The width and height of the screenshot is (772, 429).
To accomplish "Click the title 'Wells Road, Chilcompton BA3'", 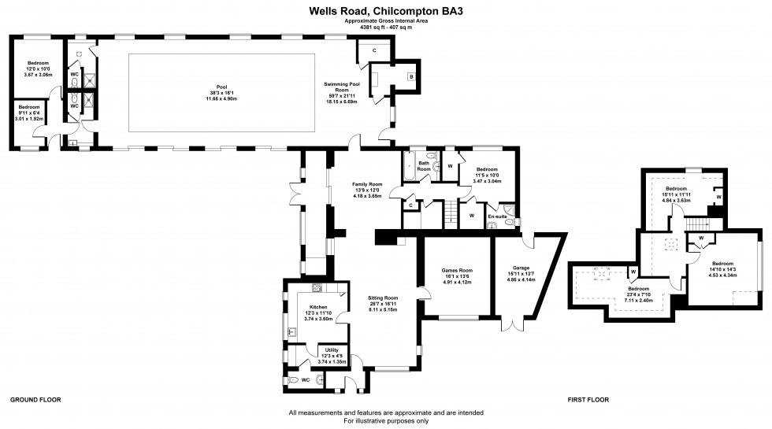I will [x=385, y=12].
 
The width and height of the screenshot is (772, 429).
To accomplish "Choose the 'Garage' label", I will [x=521, y=269].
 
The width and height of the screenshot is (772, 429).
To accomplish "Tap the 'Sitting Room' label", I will [x=384, y=298].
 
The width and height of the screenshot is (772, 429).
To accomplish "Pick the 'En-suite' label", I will [x=497, y=216].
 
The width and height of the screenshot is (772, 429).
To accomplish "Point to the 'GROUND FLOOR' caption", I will [x=35, y=400].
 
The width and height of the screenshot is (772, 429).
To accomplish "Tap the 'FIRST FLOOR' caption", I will [x=588, y=400].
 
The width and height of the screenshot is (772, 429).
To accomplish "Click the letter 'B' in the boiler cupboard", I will [x=410, y=76].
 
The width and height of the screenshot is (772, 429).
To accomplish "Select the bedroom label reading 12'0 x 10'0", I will [x=39, y=63].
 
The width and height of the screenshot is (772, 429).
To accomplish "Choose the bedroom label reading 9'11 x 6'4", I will [x=29, y=107].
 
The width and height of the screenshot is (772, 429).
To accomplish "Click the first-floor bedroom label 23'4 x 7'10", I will [x=639, y=290].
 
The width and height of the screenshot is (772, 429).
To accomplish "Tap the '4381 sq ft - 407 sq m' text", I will [x=386, y=28].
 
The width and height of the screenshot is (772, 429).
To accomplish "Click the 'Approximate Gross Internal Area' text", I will [x=386, y=21].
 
